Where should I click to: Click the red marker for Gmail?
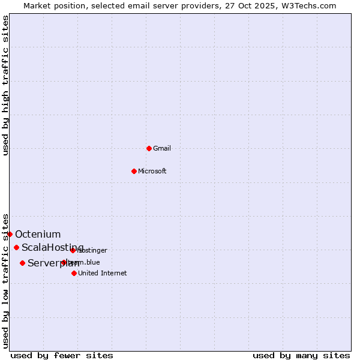point(149,148)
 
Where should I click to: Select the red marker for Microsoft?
point(134,171)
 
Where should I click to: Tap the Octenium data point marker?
point(10,234)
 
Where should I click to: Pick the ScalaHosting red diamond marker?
point(16,247)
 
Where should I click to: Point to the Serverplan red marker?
point(22,263)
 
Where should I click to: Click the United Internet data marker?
point(74,273)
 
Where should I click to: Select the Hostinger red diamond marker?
point(73,250)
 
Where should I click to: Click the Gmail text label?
point(162,148)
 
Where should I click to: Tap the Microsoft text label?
point(152,171)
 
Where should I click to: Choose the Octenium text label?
point(38,234)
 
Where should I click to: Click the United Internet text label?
point(103,273)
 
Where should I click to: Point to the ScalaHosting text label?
point(53,247)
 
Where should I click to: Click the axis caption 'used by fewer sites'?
point(62,355)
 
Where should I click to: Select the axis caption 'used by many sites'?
point(301,355)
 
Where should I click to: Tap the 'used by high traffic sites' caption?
point(5,85)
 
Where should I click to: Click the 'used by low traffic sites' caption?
point(5,281)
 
